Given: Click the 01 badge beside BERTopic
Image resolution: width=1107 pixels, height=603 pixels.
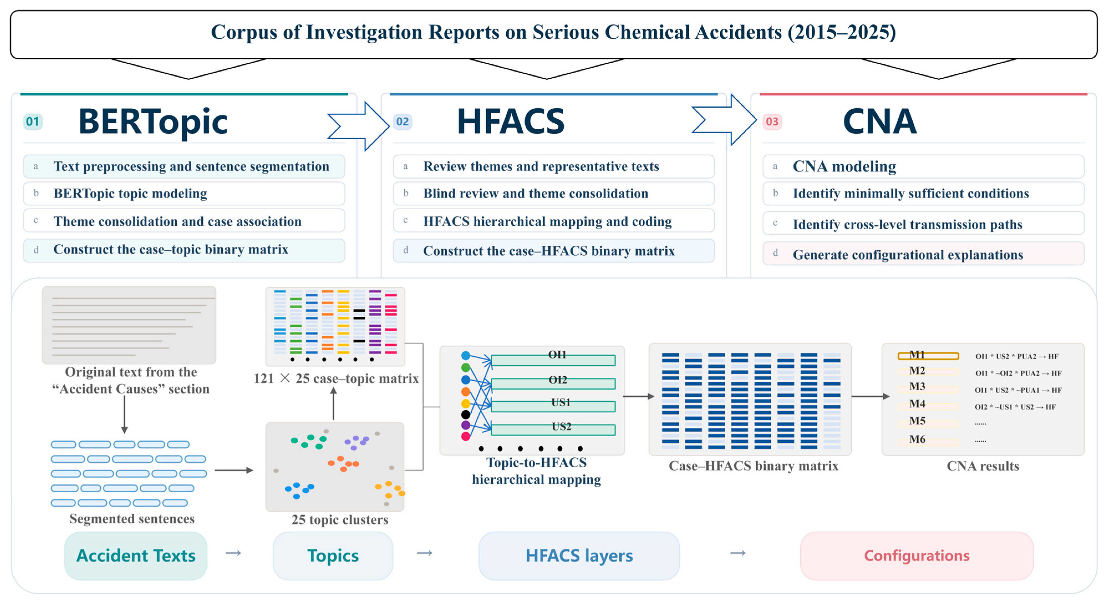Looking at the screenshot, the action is point(33,122).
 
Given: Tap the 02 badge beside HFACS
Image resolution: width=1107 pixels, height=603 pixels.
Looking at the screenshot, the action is point(402,122).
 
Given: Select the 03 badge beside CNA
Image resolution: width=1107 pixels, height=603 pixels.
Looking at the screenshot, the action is point(772,122).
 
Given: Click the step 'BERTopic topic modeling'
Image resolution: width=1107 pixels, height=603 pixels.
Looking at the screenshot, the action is point(184,193).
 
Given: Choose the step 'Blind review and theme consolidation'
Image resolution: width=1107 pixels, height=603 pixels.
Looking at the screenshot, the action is point(553,193).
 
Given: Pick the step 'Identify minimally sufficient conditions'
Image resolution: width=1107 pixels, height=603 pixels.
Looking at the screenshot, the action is point(923,193).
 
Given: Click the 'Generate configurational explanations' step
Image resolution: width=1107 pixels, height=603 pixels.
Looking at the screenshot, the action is point(923,254).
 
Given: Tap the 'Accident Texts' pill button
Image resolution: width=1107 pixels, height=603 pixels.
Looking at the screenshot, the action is point(136,556).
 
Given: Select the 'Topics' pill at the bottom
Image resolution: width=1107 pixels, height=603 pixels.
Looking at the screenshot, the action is point(333,556).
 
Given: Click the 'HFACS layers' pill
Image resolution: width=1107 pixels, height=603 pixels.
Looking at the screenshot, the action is point(579,556).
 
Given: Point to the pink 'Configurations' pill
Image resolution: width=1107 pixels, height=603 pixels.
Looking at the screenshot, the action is point(917,556).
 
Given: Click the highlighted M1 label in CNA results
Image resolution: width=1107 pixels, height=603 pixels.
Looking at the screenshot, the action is point(928,355).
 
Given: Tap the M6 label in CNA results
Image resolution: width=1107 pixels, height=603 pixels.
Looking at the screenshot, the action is point(917,439).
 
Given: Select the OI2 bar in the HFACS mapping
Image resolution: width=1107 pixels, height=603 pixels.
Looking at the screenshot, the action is point(553,383).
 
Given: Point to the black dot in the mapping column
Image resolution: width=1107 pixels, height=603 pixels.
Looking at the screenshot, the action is point(465,414).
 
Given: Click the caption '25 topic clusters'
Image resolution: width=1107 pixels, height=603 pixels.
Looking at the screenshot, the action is point(340,520).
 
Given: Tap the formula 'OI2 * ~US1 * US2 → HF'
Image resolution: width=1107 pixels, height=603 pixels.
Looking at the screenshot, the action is point(1015,407).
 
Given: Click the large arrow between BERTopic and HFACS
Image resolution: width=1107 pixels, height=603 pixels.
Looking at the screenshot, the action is point(359,126).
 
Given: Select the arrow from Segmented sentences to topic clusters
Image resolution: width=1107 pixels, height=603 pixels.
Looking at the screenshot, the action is point(234,470).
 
